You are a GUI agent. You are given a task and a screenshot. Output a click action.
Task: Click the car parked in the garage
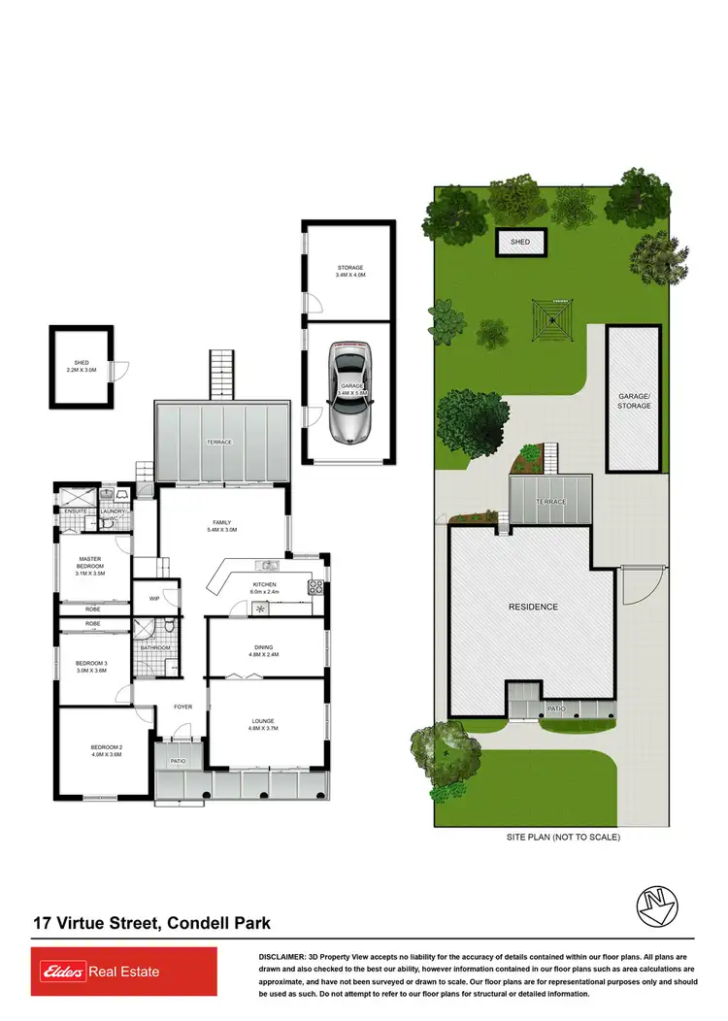349,391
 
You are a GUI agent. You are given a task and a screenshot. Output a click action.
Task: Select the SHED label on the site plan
521,241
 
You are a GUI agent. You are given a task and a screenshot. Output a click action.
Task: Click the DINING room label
264,649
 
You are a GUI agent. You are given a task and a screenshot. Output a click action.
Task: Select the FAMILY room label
222,525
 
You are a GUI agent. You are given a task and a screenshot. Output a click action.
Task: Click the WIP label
154,599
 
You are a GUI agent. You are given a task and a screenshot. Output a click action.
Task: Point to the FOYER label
183,707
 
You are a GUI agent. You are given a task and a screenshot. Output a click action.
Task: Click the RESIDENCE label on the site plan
533,607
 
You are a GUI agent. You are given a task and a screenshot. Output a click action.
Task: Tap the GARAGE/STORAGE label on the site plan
634,401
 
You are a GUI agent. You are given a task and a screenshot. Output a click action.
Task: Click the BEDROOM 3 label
94,667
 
